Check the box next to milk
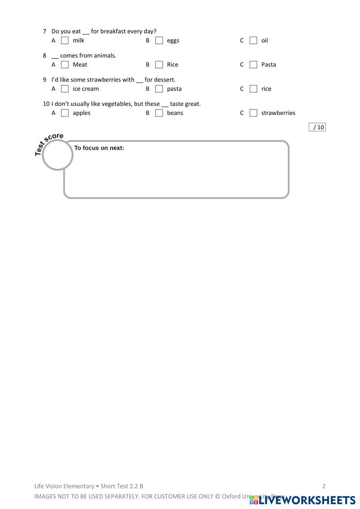[x=65, y=40]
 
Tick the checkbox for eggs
[x=159, y=40]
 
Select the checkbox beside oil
[x=253, y=40]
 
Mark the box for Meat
[x=65, y=64]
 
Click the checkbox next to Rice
[x=159, y=64]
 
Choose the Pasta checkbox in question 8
[x=253, y=64]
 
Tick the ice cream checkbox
[x=65, y=88]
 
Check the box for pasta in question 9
[x=159, y=88]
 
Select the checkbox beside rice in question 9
[x=253, y=88]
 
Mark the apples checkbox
[x=65, y=113]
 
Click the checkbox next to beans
[x=159, y=113]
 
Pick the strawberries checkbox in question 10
[x=253, y=113]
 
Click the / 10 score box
[x=317, y=127]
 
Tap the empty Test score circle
[x=58, y=155]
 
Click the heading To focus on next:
[x=99, y=148]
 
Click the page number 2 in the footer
[x=324, y=486]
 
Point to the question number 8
[x=45, y=55]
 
